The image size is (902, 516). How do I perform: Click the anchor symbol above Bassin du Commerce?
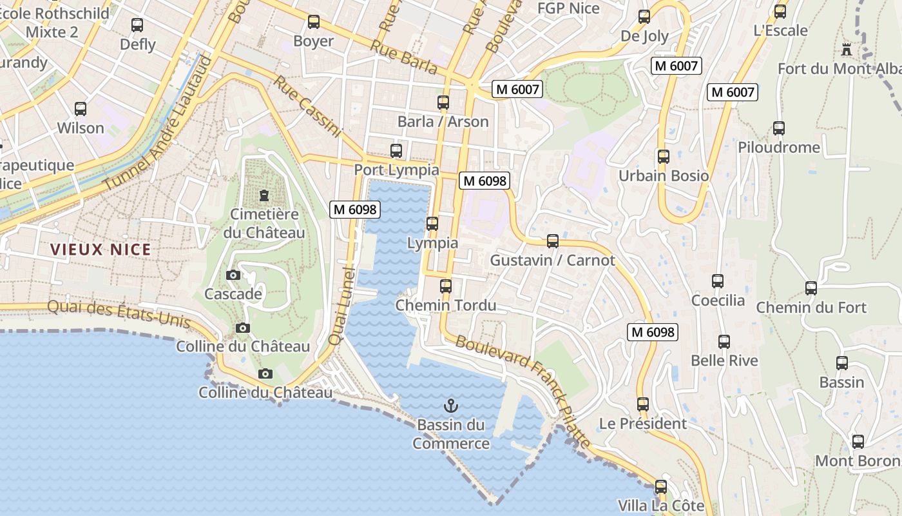click(451, 406)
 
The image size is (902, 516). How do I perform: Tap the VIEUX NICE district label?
click(101, 250)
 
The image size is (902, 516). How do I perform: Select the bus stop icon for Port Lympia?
click(396, 151)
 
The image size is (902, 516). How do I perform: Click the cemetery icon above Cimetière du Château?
click(264, 195)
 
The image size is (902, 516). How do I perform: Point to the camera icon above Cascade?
click(233, 275)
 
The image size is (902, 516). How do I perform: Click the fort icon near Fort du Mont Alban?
click(847, 49)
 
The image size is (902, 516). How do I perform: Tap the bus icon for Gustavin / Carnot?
click(552, 241)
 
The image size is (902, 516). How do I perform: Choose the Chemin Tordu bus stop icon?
click(445, 286)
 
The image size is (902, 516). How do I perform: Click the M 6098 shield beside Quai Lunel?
click(354, 209)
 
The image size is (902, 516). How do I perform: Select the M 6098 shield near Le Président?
click(653, 332)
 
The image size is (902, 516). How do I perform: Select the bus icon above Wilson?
click(81, 109)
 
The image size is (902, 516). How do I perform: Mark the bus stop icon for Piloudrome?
click(779, 128)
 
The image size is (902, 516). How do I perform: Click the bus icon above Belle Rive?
click(724, 342)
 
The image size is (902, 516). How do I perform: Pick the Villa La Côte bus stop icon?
click(661, 487)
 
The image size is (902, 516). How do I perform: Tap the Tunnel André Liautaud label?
click(158, 123)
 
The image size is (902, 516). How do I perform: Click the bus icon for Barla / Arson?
click(443, 103)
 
